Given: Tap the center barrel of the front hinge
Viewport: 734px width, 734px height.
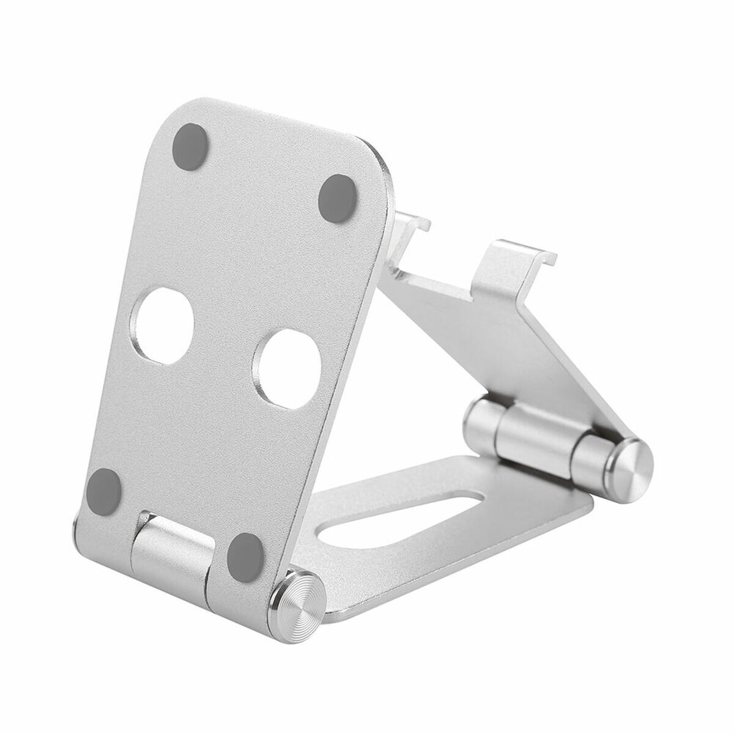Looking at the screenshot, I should (168, 538).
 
